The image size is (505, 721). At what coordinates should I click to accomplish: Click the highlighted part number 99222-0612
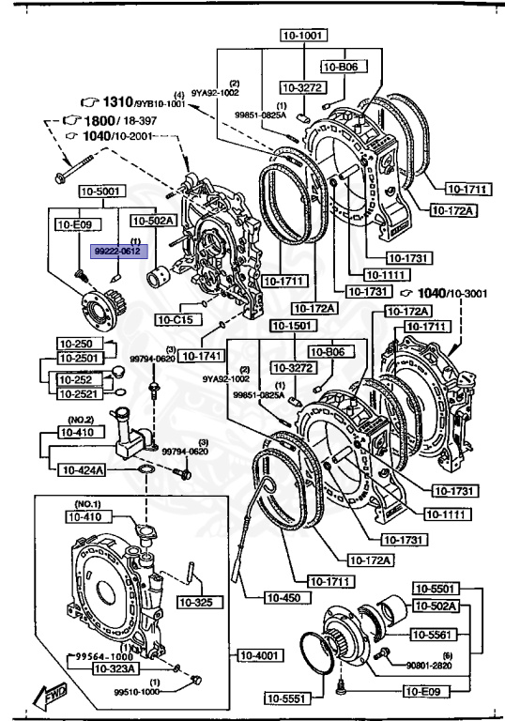(x=116, y=251)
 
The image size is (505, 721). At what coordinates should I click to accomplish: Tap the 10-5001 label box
(x=97, y=191)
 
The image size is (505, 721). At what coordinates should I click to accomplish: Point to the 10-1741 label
(x=199, y=356)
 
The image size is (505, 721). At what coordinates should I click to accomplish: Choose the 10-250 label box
(x=75, y=344)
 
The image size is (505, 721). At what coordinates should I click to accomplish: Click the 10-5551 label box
(x=284, y=697)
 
